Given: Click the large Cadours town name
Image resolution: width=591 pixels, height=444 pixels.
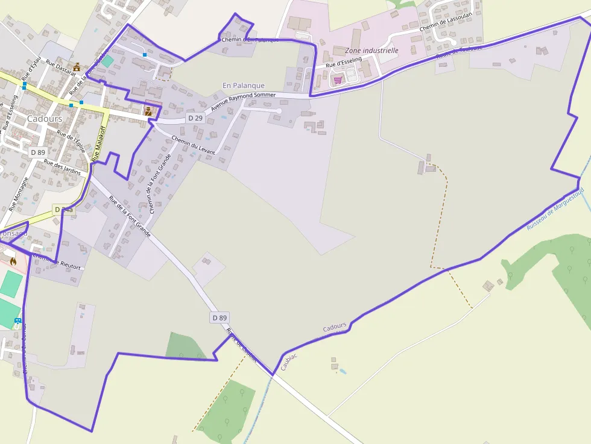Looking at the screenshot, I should [x=44, y=119].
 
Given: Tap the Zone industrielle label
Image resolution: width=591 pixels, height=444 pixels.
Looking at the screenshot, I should [x=372, y=51].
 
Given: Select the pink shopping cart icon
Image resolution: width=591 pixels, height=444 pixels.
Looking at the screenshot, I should [x=338, y=80].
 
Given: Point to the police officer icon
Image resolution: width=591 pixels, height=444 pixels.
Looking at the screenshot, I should [x=148, y=110].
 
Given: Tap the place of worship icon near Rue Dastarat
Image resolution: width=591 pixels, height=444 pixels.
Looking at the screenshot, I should [x=77, y=67].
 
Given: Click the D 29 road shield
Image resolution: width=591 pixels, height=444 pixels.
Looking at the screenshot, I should [x=195, y=118].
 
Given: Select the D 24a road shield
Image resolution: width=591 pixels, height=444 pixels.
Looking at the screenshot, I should [x=63, y=210].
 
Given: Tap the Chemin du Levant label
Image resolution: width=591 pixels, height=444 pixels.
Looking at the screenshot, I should [x=193, y=145].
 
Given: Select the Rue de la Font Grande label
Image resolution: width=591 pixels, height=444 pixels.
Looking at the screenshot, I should [x=130, y=215].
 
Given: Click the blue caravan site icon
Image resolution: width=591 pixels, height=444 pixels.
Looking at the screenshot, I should [x=17, y=321].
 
